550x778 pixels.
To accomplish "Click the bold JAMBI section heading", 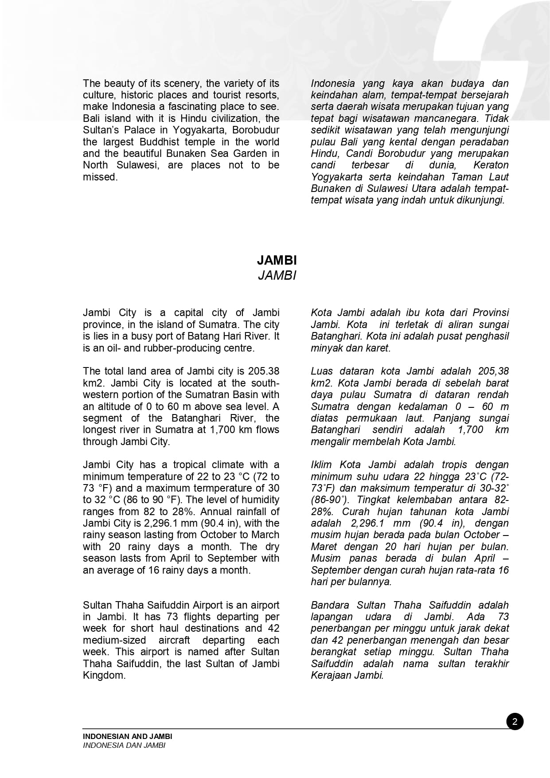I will pyautogui.click(x=277, y=260).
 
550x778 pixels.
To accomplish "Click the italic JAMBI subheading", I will pyautogui.click(x=277, y=275).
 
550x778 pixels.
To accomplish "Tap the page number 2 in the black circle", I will pyautogui.click(x=515, y=722).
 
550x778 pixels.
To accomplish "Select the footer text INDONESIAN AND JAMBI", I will pyautogui.click(x=128, y=736).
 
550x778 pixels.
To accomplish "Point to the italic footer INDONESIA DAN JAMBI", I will pyautogui.click(x=124, y=745).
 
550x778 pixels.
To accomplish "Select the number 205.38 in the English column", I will pyautogui.click(x=264, y=371).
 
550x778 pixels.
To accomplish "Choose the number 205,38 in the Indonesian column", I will pyautogui.click(x=493, y=371).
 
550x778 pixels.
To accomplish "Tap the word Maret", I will pyautogui.click(x=324, y=547).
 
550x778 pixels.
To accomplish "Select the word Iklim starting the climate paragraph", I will pyautogui.click(x=321, y=465).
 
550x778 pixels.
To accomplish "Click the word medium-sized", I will pyautogui.click(x=114, y=640).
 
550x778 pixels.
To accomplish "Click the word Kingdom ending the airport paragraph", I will pyautogui.click(x=104, y=676).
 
